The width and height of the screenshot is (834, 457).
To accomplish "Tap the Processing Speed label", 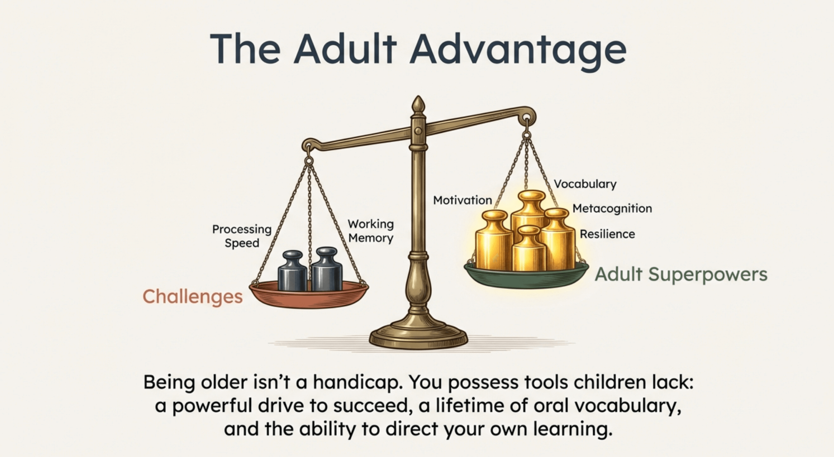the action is [242, 236].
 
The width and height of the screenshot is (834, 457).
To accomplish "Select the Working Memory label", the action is [371, 231].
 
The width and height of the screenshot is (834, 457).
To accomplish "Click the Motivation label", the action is [462, 200].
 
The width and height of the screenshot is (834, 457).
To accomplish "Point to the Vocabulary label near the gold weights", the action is [585, 184].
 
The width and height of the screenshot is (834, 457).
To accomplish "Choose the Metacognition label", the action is [612, 208].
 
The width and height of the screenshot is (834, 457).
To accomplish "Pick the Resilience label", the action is [607, 234].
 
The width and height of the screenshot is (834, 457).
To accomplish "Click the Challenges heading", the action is [193, 297].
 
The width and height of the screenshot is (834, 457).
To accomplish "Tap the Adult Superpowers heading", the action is [681, 274].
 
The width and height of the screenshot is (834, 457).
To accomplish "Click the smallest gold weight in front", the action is [529, 249].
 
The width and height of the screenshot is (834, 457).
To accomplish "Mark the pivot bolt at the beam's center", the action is [419, 131].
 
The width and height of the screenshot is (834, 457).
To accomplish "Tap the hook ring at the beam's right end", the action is [526, 118].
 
